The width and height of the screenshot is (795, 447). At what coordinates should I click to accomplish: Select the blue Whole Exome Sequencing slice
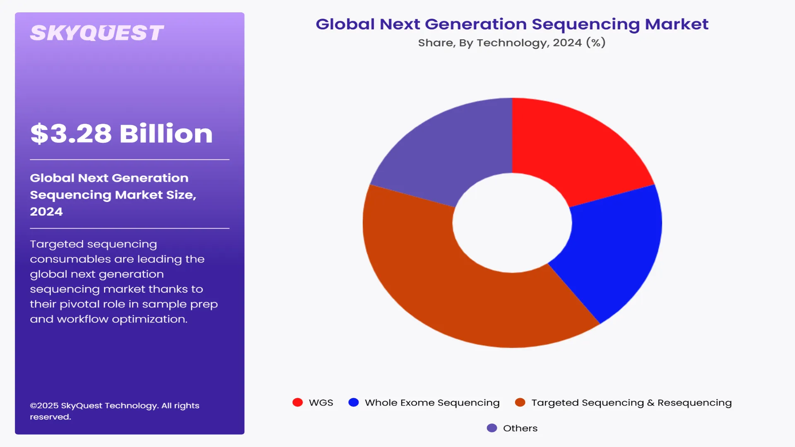(x=613, y=248)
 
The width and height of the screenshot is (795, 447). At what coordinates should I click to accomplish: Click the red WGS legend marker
(x=297, y=402)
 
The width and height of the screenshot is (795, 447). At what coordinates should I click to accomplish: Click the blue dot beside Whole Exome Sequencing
(x=353, y=402)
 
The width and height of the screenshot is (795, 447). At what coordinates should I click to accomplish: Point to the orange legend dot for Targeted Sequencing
(x=520, y=402)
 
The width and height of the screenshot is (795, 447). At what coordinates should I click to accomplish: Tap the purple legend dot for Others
(x=491, y=428)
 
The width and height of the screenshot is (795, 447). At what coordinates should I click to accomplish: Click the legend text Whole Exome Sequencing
(x=432, y=403)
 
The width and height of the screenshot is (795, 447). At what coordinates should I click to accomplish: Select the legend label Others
(x=520, y=428)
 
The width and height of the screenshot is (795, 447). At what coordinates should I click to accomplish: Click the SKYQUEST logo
(x=97, y=33)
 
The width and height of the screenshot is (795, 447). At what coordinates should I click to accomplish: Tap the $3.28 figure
(x=71, y=134)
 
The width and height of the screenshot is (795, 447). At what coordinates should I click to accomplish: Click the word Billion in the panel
(x=166, y=134)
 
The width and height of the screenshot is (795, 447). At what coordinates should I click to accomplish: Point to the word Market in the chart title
(x=676, y=24)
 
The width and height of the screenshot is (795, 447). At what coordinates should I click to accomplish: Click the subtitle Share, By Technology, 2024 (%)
(x=512, y=43)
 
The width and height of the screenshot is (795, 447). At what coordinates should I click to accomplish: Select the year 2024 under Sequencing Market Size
(x=46, y=211)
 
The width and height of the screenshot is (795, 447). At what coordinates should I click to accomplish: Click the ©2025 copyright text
(x=45, y=406)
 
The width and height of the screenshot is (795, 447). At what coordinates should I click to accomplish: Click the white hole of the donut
(x=512, y=223)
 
